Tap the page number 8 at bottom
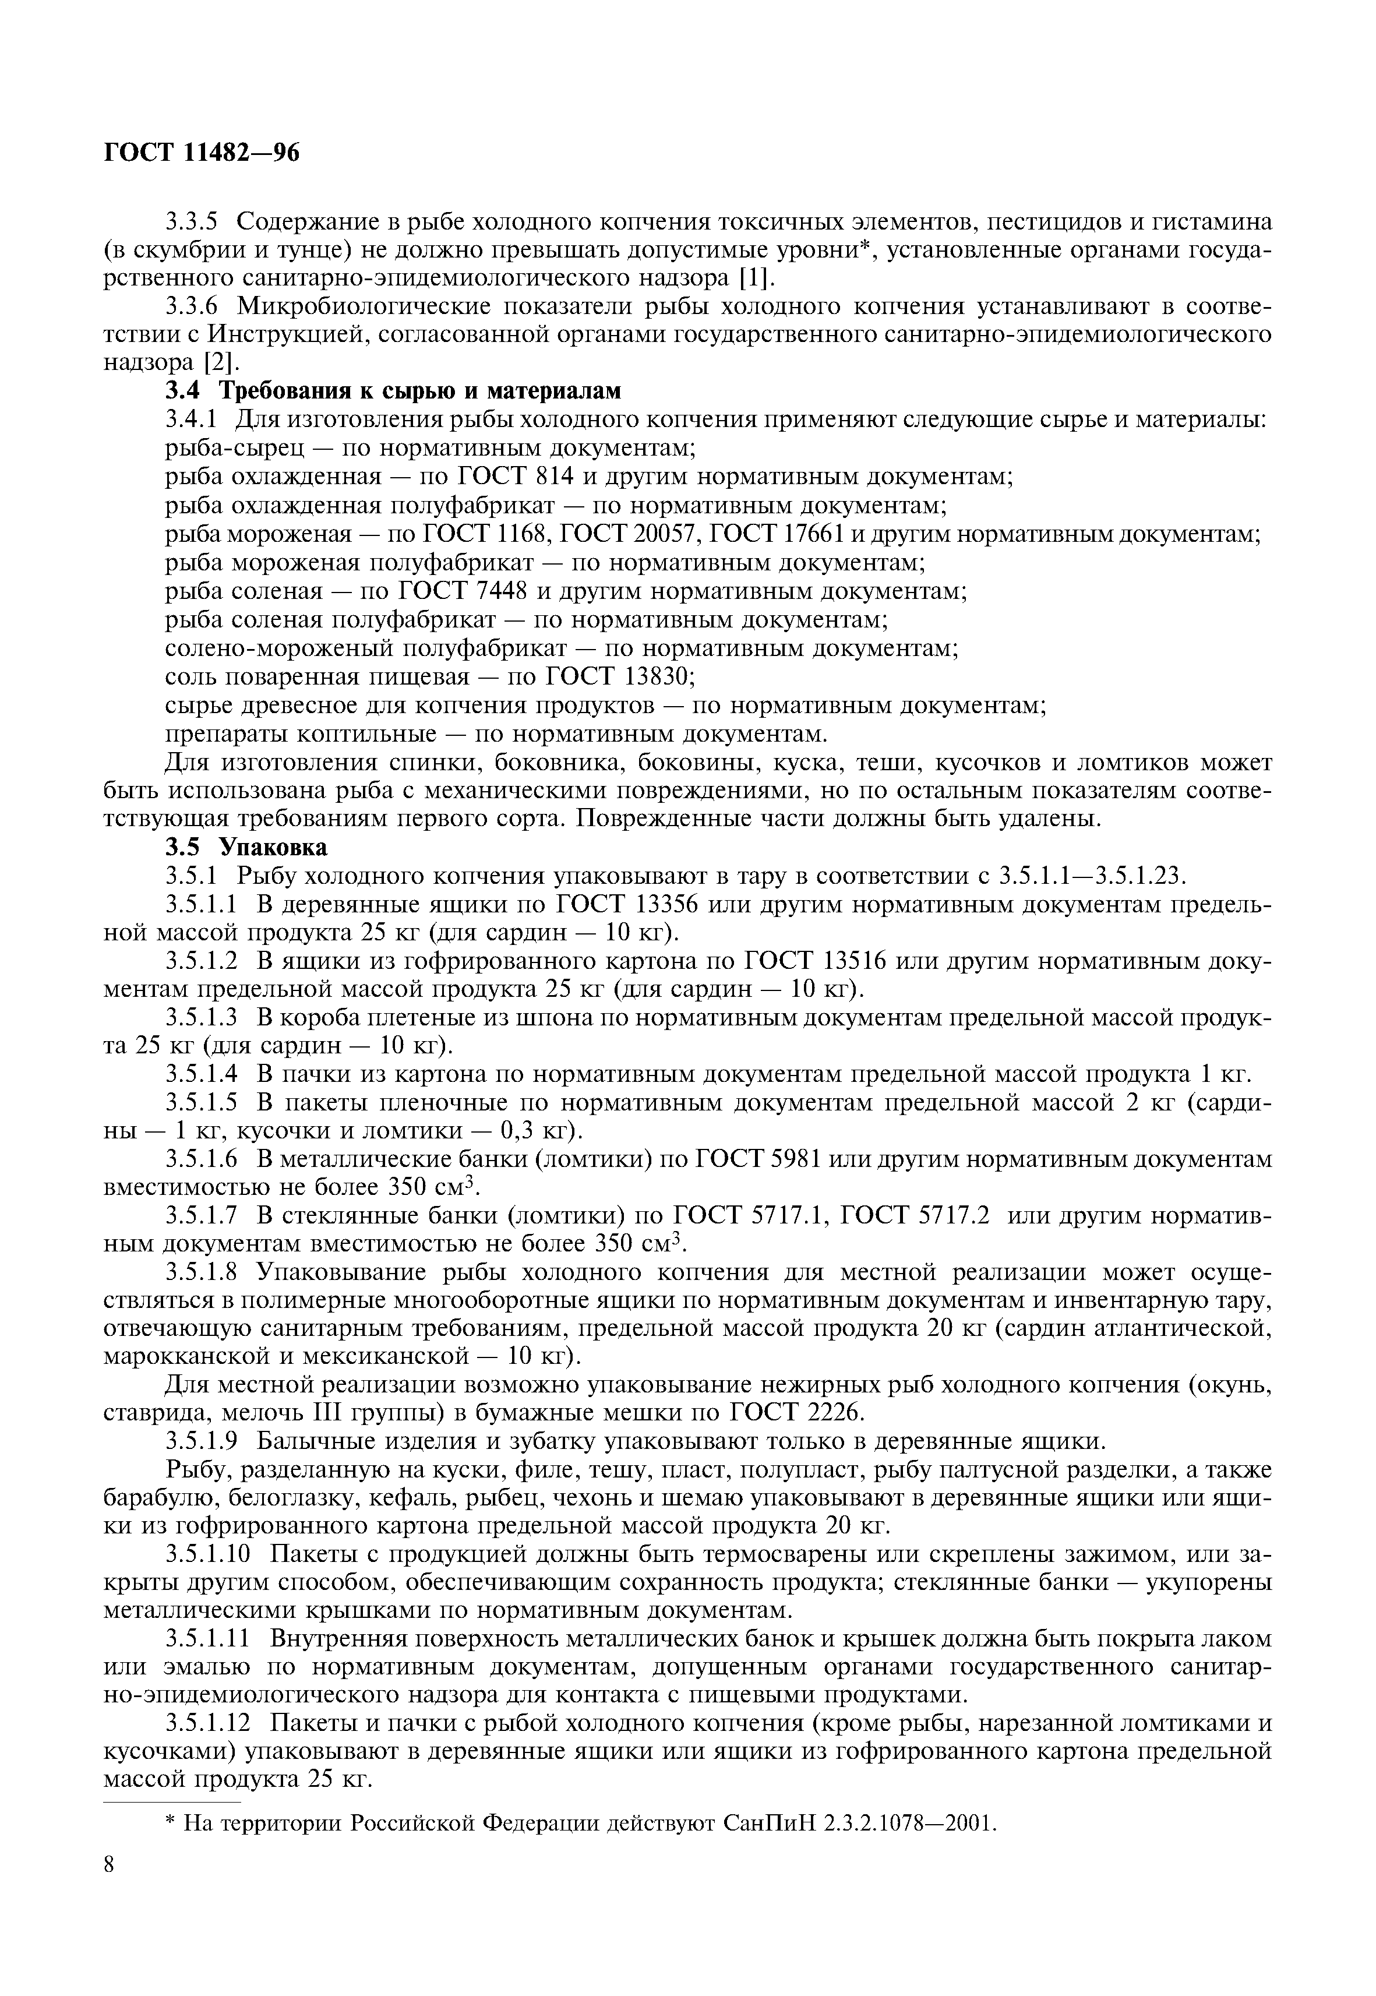(x=108, y=1865)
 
